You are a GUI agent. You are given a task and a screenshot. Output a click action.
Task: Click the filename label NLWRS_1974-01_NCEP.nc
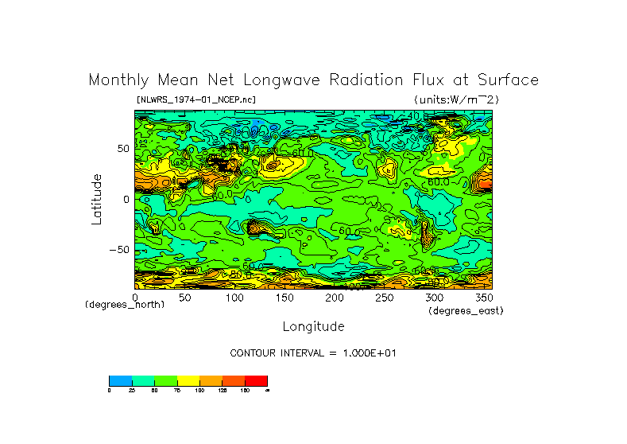point(196,99)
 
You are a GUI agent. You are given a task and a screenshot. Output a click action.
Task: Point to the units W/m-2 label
point(455,99)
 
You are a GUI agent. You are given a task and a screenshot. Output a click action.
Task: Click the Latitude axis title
point(97,199)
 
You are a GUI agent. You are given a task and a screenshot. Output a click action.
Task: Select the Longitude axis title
point(313,326)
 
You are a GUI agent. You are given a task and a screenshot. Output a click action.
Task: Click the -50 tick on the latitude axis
point(119,250)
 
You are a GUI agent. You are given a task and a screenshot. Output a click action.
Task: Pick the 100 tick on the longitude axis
point(234,298)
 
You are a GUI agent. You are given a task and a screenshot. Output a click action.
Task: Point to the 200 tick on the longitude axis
point(335,298)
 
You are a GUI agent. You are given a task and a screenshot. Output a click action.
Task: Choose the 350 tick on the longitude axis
point(483,298)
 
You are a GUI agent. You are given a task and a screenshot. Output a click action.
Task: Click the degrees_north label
point(125,305)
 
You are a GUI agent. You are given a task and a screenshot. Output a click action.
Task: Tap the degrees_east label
point(466,310)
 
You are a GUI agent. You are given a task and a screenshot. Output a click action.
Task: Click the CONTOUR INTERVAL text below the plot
point(312,352)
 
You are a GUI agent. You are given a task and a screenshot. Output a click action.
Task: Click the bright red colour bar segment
point(256,380)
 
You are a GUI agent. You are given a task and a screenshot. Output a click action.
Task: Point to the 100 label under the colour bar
point(199,391)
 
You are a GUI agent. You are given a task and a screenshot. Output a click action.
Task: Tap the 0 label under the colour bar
point(110,391)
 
